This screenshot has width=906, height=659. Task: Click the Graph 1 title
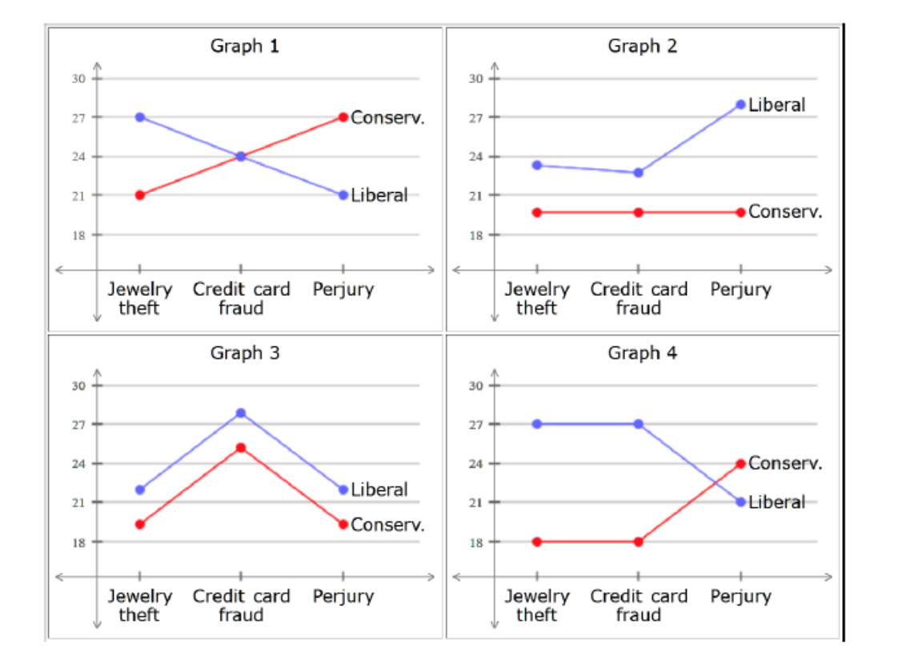point(245,46)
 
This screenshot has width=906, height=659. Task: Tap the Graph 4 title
point(642,353)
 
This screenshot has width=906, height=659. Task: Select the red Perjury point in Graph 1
point(343,117)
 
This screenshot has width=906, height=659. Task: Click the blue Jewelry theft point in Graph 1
point(140,117)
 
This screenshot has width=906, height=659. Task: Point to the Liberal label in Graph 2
point(776,105)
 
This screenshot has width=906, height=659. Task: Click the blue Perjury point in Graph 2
point(740,104)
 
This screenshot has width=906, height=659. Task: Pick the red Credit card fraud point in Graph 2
point(638,212)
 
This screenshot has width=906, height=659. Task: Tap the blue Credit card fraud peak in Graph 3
point(241,413)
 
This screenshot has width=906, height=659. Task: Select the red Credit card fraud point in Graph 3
point(241,448)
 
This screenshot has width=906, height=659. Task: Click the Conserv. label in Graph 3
point(387,525)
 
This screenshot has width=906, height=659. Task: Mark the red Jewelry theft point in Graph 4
point(536,541)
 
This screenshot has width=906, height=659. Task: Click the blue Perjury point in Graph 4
point(740,502)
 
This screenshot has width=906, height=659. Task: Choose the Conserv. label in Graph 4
point(784,463)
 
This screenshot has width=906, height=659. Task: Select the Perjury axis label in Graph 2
point(740,290)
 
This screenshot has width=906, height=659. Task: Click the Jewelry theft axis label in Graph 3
point(140,605)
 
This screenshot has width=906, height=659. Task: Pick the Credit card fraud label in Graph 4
point(638,605)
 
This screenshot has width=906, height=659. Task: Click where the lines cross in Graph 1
point(241,156)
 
